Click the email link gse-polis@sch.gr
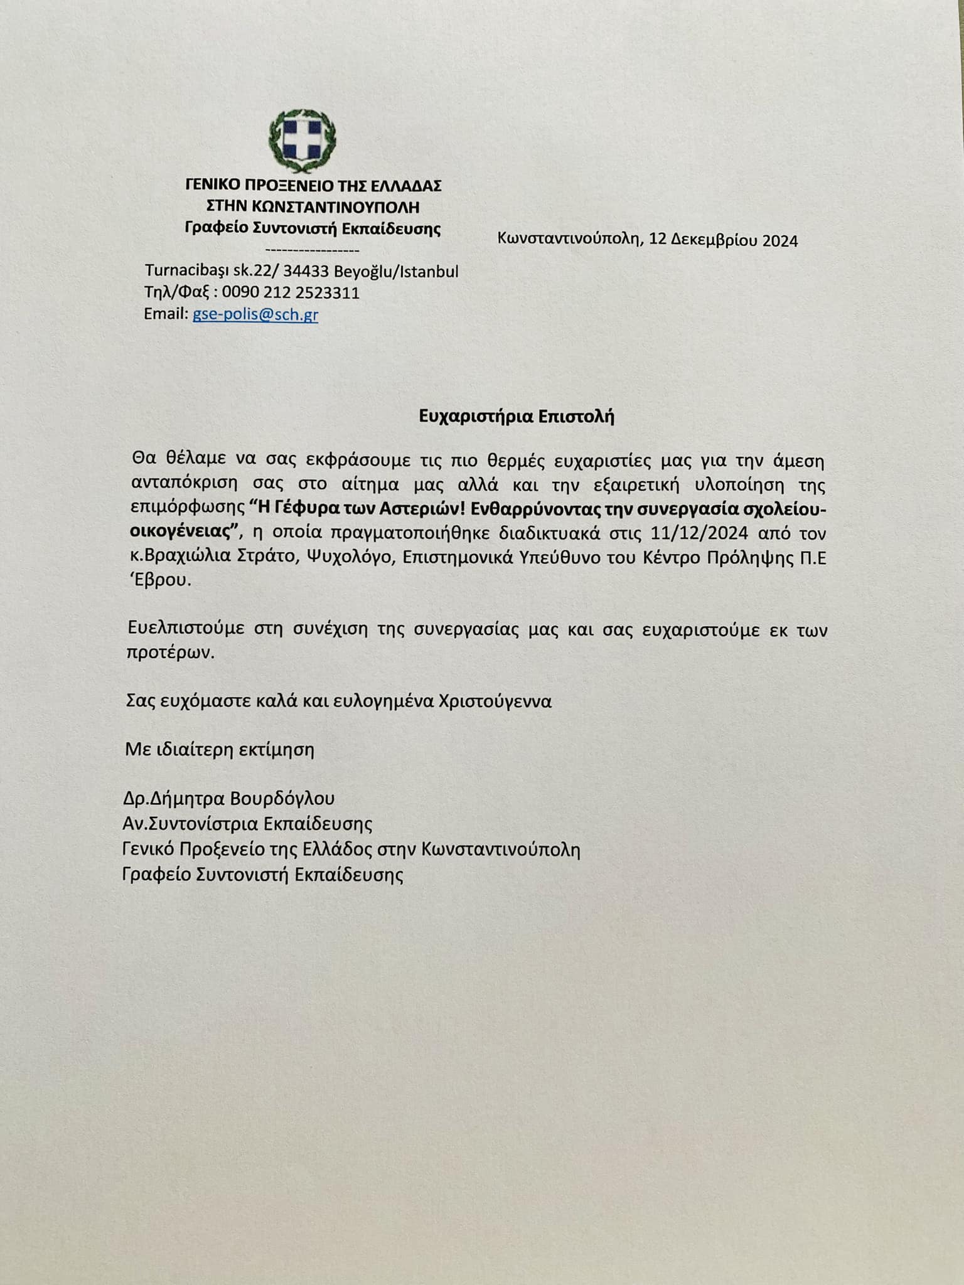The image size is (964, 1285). tap(255, 314)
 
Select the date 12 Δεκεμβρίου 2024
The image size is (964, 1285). tap(724, 241)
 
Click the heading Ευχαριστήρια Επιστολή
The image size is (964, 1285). tap(517, 417)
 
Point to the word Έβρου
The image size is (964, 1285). tap(159, 581)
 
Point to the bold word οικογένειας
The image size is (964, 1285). tap(185, 533)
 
